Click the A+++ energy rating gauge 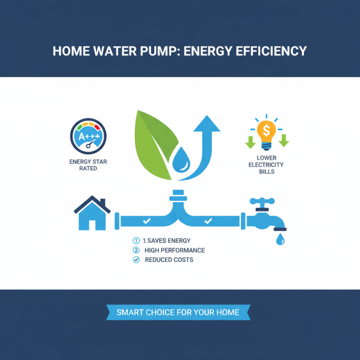point(88,137)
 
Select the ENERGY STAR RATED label point(88,165)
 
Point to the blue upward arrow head point(207,124)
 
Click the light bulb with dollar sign point(266,134)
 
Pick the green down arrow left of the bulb point(249,141)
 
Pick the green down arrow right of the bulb point(283,141)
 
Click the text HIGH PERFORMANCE point(175,250)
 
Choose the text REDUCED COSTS point(169,260)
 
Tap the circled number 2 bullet point(136,250)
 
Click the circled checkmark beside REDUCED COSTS point(136,260)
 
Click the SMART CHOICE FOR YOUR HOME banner point(178,312)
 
